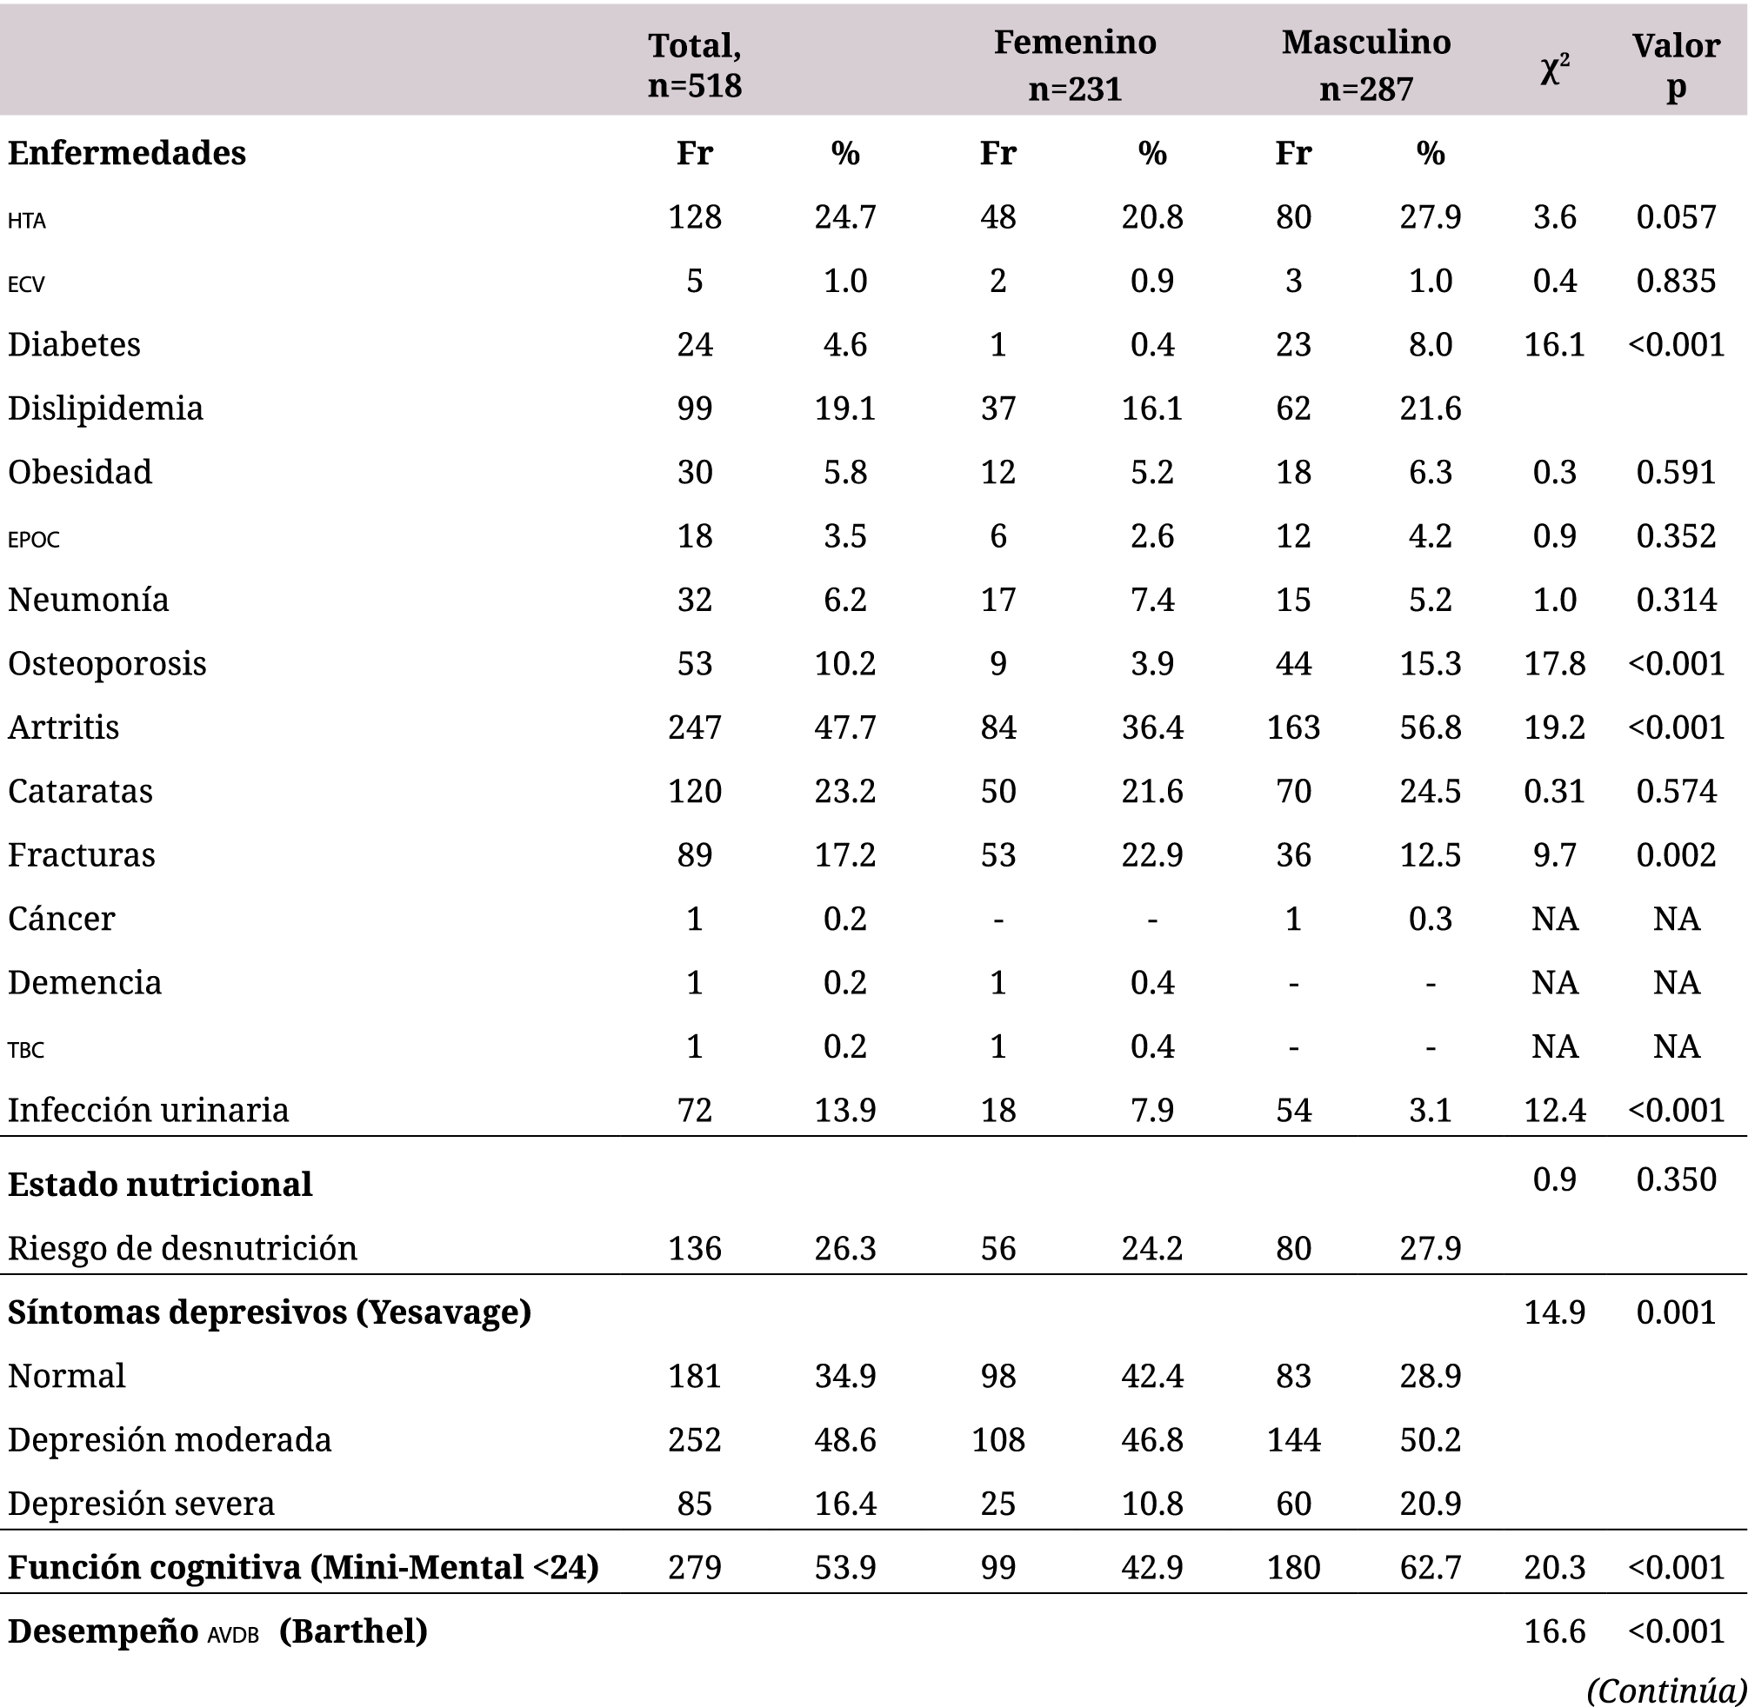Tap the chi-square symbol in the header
(x=1553, y=69)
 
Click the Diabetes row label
(x=75, y=344)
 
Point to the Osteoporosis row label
(x=107, y=663)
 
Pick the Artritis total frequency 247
(x=694, y=727)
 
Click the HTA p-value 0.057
(x=1675, y=217)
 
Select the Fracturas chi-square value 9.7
(x=1553, y=854)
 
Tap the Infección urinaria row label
(x=148, y=1110)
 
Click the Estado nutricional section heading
(x=160, y=1185)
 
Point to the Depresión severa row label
(x=141, y=1504)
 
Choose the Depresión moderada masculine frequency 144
(x=1293, y=1440)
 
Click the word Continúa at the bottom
(x=1666, y=1690)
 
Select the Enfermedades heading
(x=126, y=153)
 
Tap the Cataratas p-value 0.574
(x=1675, y=791)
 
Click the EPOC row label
(x=34, y=539)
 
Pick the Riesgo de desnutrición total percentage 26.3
(x=844, y=1248)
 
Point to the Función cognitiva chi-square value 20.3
(x=1553, y=1567)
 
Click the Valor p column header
(x=1675, y=64)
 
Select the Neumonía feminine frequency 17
(x=997, y=600)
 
